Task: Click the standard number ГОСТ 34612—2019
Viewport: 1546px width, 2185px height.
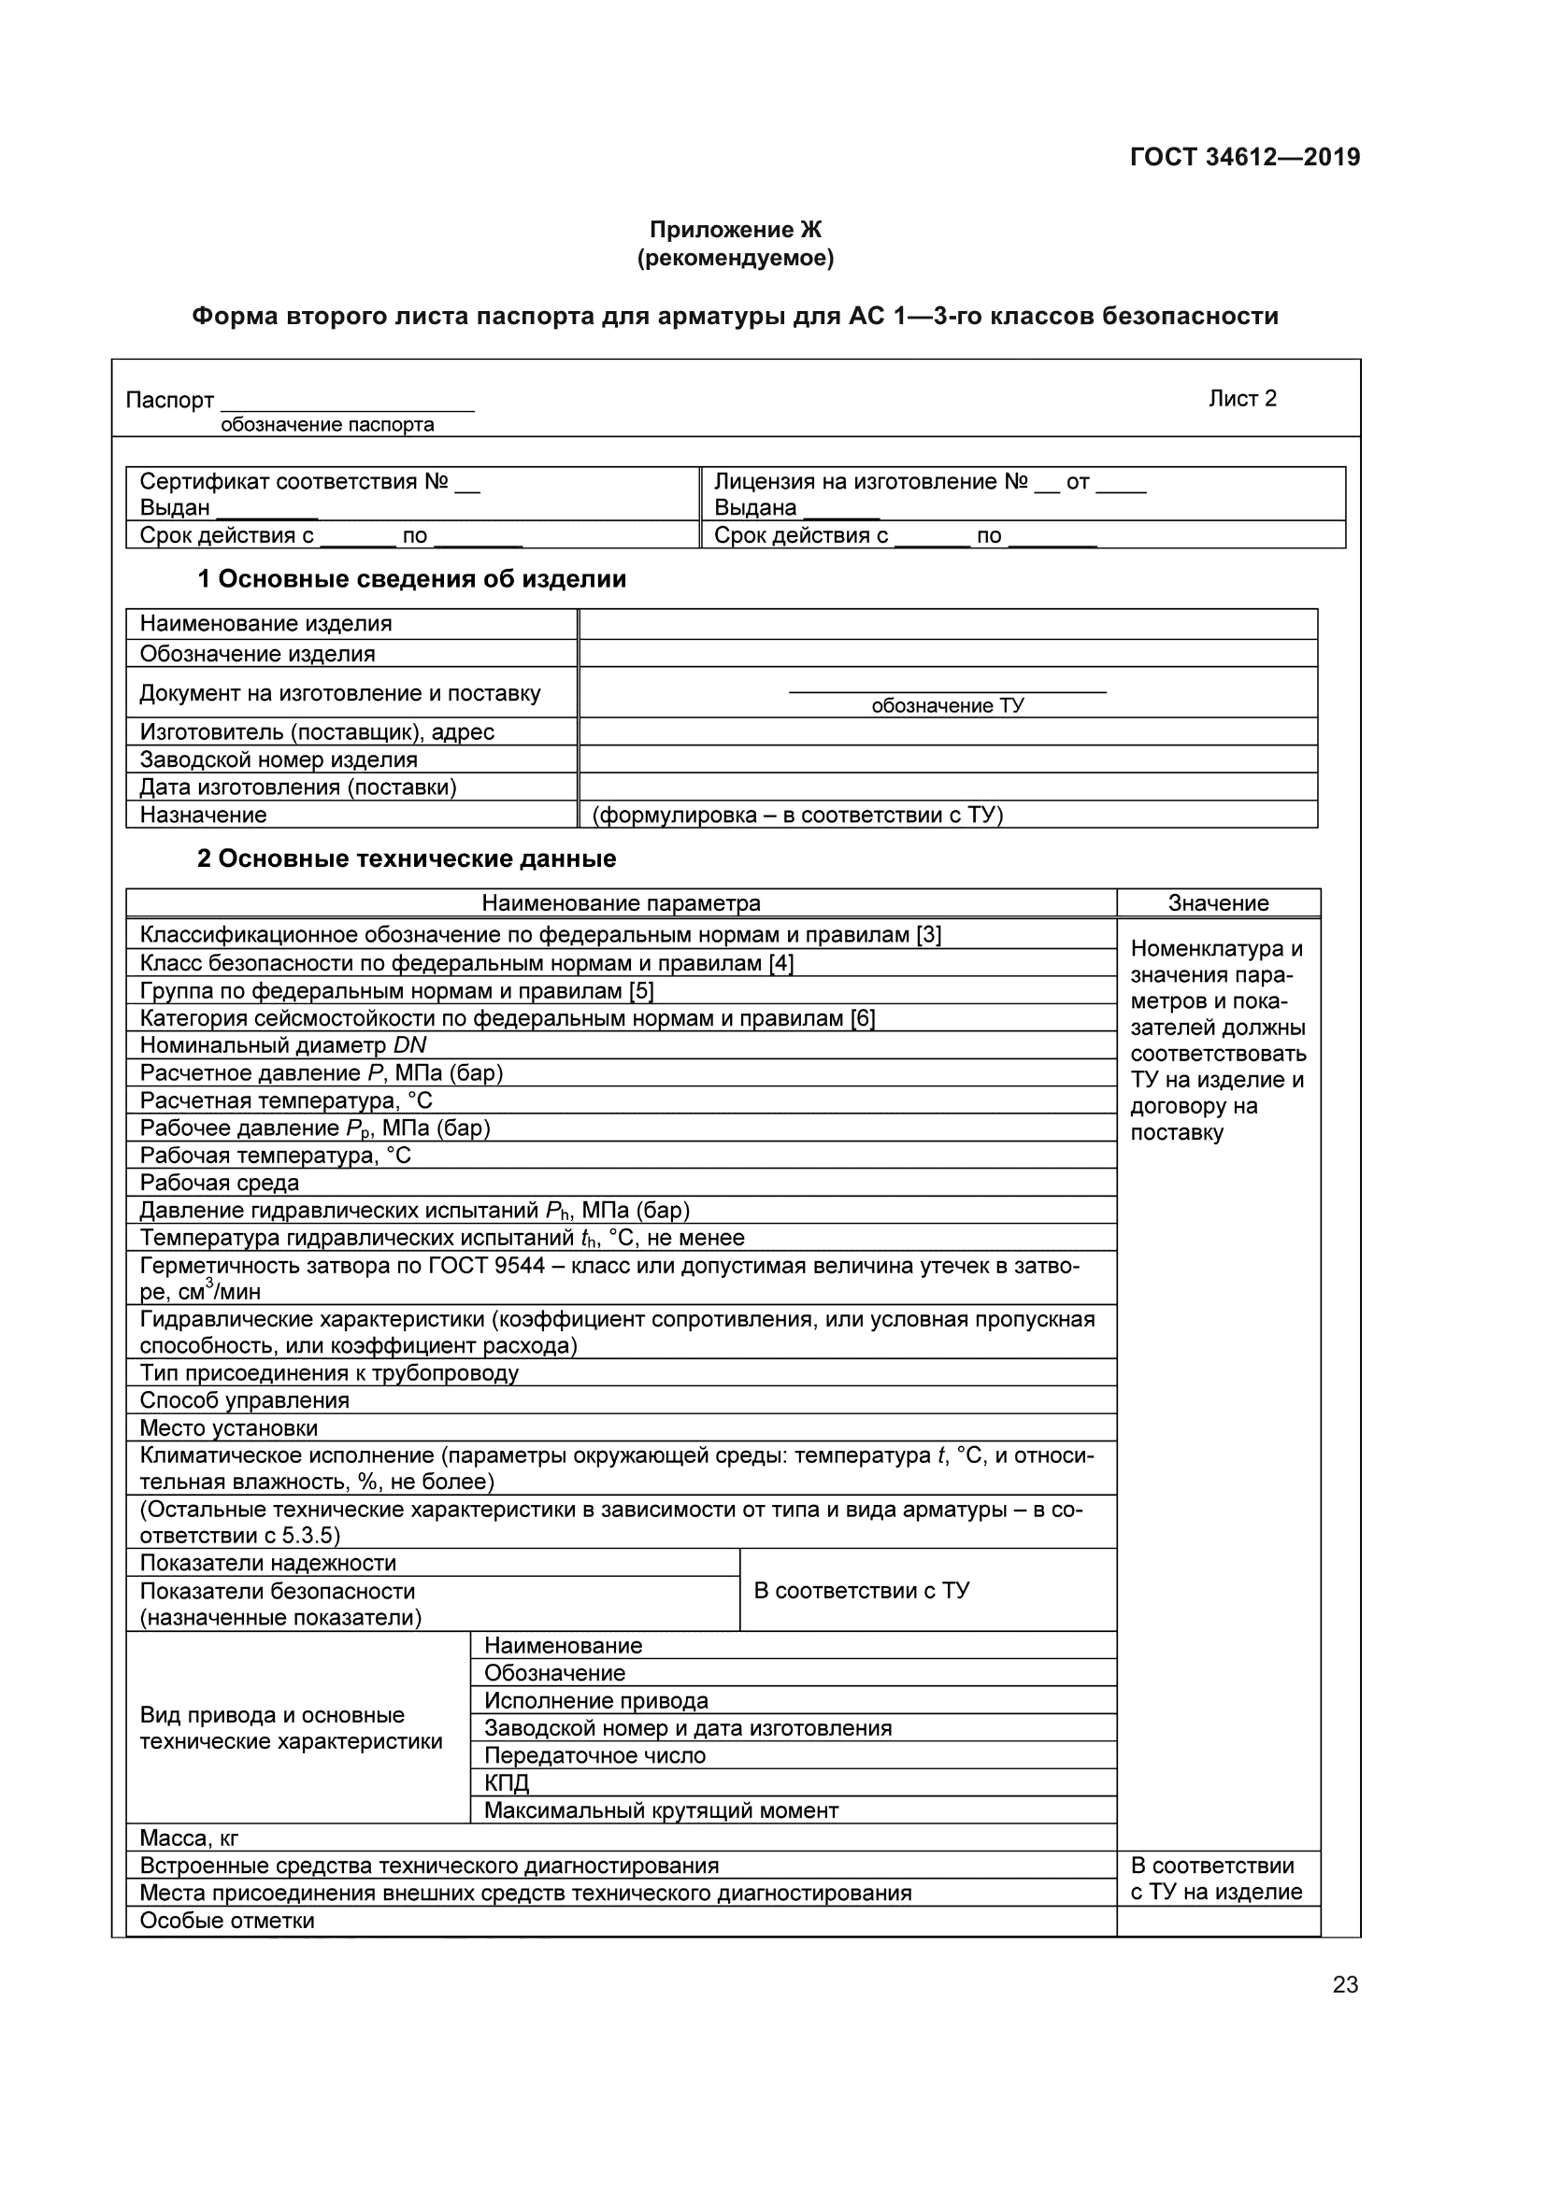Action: coord(1244,157)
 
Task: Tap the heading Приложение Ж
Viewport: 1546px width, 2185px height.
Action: coord(735,230)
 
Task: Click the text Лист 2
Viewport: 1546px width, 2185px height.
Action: coord(1242,399)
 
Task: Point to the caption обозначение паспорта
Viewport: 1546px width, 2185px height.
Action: coord(326,425)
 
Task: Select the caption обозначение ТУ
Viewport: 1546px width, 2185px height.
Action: coord(947,705)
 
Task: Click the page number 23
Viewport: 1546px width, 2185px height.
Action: coord(1344,1985)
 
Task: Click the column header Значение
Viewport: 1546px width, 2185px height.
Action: coord(1218,903)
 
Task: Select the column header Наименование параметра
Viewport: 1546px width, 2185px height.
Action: coord(621,903)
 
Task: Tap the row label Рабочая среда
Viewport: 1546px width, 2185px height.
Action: coord(219,1183)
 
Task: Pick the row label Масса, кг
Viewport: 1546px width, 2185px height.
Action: coord(189,1837)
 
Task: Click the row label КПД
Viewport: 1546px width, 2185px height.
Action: coord(507,1782)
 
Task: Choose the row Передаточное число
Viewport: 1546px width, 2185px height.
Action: coord(595,1755)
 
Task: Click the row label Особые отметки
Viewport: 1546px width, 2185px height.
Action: coord(226,1921)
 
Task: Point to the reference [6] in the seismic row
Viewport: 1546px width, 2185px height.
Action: coord(863,1018)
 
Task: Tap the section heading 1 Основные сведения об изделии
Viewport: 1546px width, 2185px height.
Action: coord(411,578)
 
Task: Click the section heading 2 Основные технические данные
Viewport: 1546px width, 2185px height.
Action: coord(407,858)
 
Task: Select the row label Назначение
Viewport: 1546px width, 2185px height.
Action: coord(203,815)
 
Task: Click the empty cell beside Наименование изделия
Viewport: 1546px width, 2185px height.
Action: coord(947,624)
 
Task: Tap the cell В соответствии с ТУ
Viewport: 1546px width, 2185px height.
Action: coord(862,1590)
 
